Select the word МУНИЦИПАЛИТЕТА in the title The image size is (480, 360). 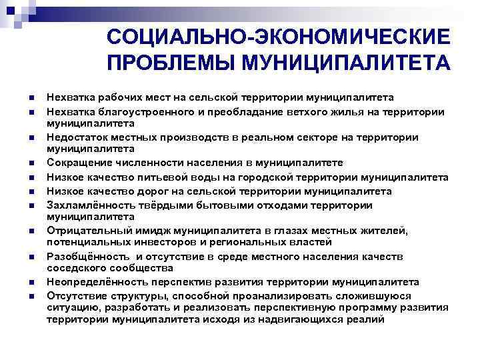click(x=345, y=63)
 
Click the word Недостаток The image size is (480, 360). click(x=76, y=137)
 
